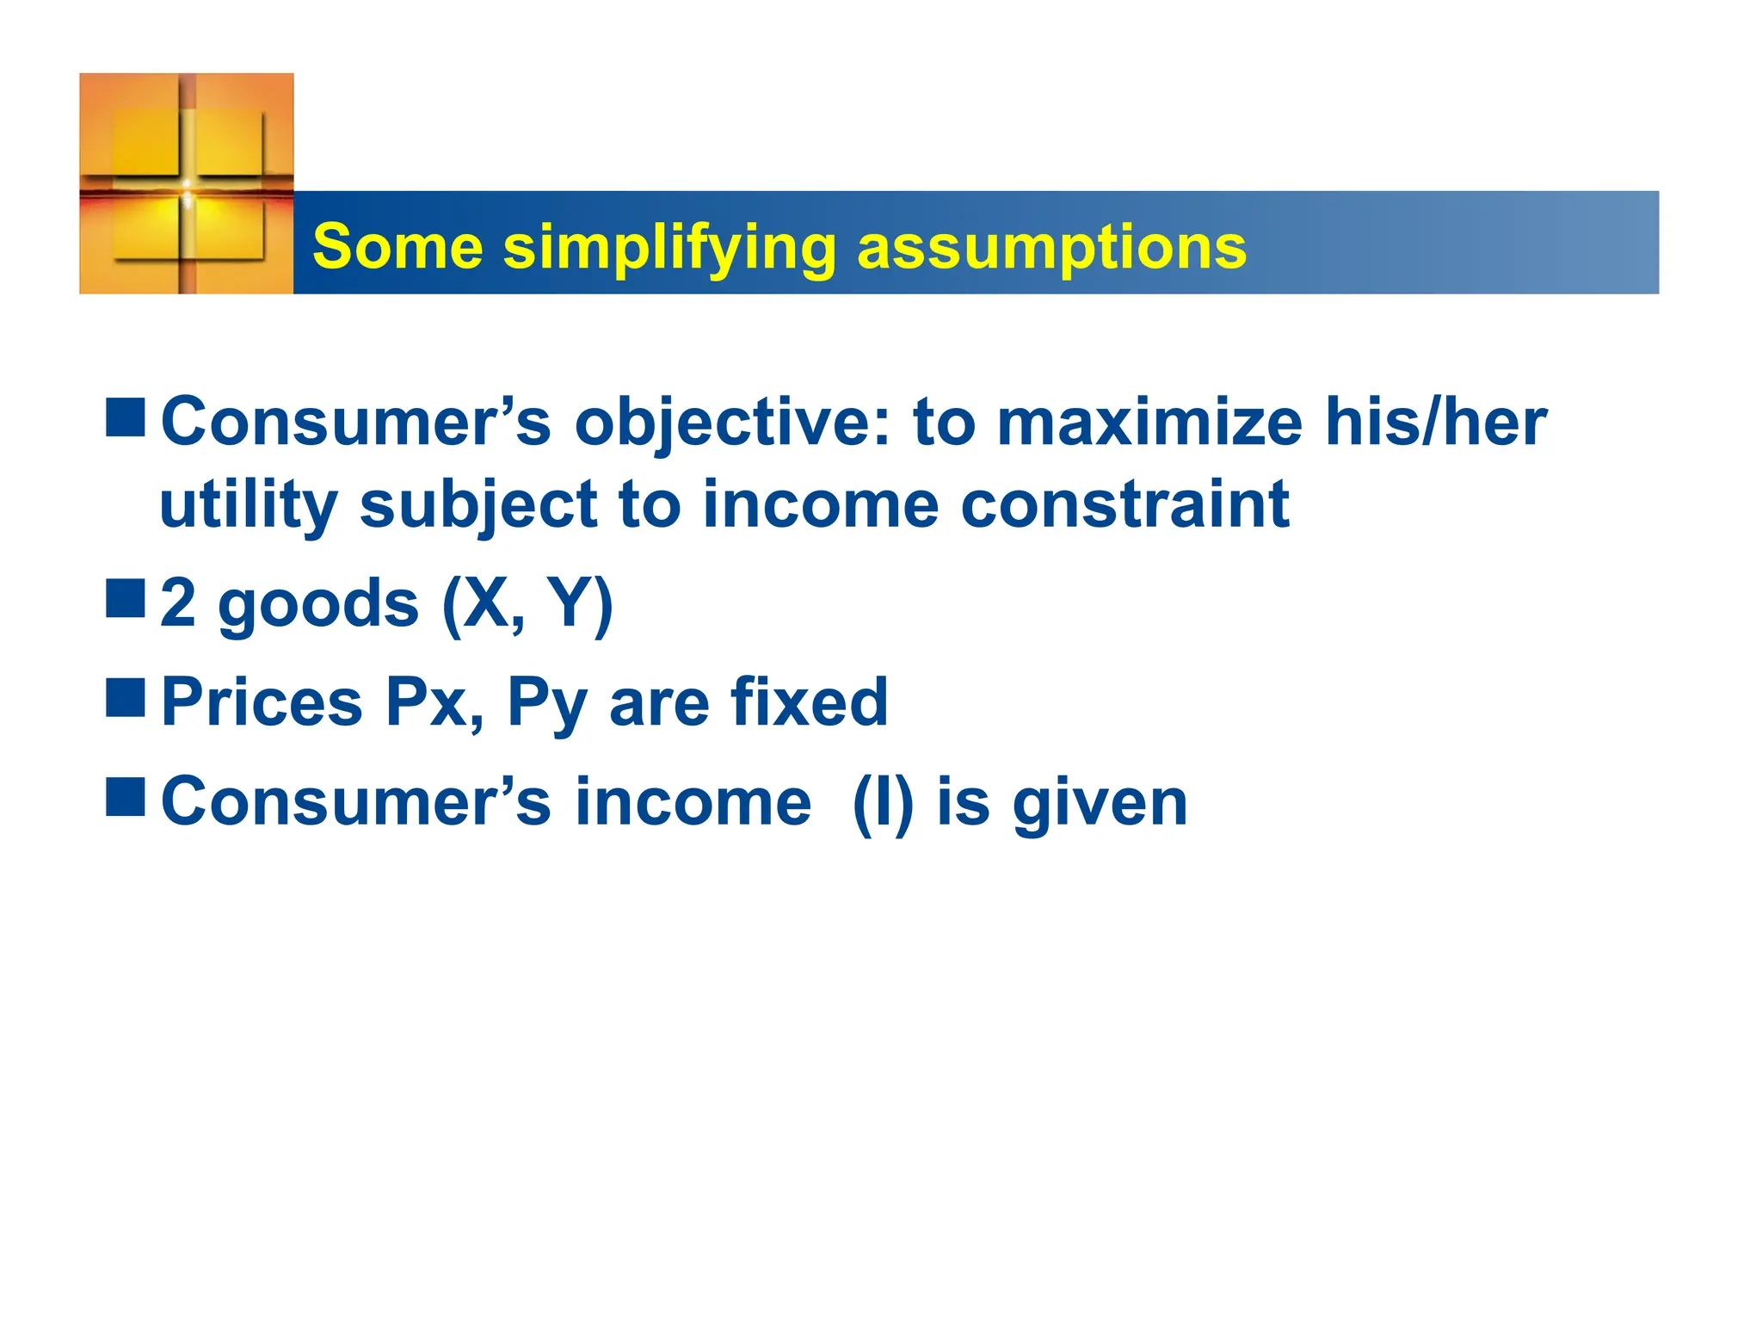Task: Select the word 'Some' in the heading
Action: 397,247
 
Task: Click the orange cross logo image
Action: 187,183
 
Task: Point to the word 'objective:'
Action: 732,424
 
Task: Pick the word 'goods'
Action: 318,604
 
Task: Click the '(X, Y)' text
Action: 527,604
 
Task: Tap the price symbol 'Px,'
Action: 434,703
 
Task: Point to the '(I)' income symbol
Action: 882,803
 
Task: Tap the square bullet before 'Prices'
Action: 126,698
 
